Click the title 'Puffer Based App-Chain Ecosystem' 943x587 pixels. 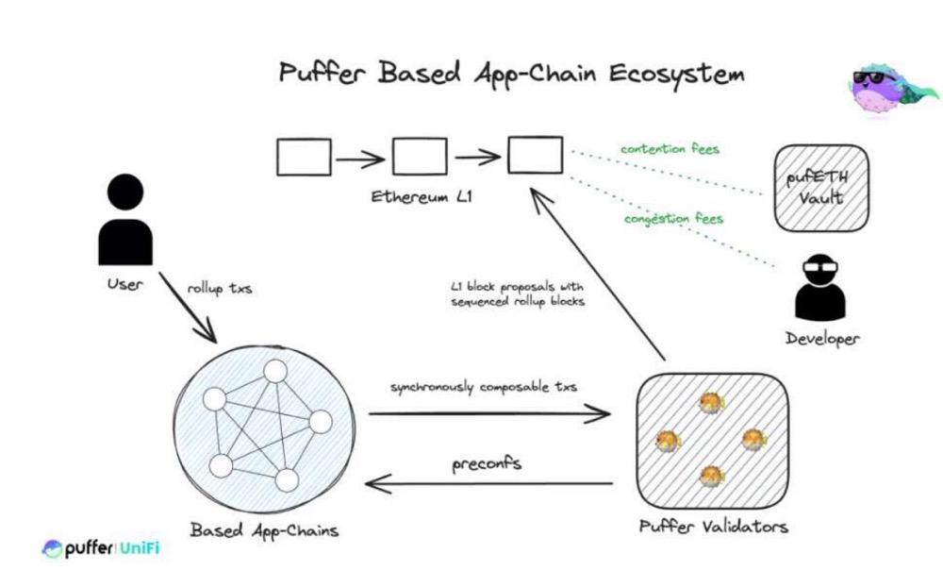(x=510, y=75)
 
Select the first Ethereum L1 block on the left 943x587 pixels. (x=304, y=157)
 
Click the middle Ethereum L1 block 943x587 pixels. (x=420, y=157)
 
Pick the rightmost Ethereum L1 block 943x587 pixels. (x=536, y=156)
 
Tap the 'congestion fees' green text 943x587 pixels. (x=673, y=219)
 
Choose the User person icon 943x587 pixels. (x=125, y=223)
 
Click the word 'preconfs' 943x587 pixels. (x=488, y=463)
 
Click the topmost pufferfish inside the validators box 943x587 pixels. (x=709, y=404)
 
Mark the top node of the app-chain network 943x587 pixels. (x=274, y=372)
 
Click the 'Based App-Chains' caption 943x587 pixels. (x=264, y=529)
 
